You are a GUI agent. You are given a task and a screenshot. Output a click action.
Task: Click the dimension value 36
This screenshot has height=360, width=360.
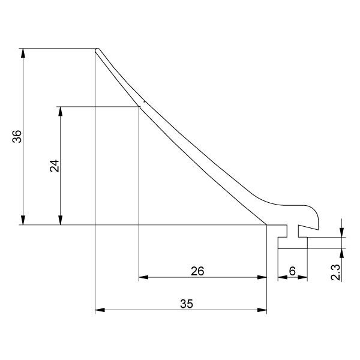pos(17,136)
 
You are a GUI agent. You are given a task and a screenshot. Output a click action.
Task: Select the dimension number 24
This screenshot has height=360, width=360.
pos(55,166)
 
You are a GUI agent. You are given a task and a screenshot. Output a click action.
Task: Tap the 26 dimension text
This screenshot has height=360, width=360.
pos(197,271)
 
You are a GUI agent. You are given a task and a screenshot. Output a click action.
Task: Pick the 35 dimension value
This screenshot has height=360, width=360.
pos(187,304)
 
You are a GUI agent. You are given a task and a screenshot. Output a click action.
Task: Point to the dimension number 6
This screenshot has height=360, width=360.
pos(293,271)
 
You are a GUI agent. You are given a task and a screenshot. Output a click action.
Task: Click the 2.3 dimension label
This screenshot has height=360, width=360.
pos(335,272)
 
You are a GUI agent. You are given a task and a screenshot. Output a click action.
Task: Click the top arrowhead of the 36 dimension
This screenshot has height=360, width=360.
pos(23,53)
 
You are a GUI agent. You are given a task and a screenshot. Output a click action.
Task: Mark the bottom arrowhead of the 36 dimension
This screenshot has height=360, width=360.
pos(23,220)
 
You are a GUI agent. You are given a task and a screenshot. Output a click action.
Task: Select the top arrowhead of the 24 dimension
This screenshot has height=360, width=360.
pos(61,111)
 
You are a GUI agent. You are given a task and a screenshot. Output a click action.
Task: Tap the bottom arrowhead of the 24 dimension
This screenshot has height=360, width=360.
pos(61,220)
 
